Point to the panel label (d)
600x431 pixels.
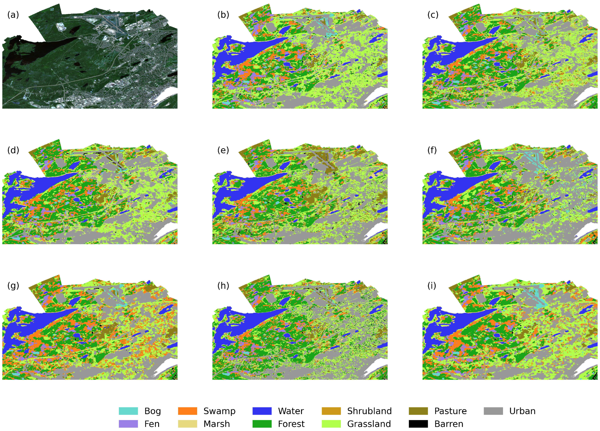coord(13,150)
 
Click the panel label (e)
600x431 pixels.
coord(223,150)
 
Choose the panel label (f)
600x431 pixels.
coord(432,150)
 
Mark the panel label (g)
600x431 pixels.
coord(13,286)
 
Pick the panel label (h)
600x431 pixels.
coord(223,286)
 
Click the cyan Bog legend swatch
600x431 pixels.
coord(128,411)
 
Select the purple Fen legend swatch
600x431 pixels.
coord(128,424)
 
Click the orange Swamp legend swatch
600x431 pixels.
coord(188,411)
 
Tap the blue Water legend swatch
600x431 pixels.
coord(262,411)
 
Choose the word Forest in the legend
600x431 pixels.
coord(291,424)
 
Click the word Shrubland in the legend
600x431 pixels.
coord(369,411)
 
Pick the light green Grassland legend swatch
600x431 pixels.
coord(331,424)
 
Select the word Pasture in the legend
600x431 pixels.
coord(450,411)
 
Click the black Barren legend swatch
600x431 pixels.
coord(418,424)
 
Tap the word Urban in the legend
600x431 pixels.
coord(522,411)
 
